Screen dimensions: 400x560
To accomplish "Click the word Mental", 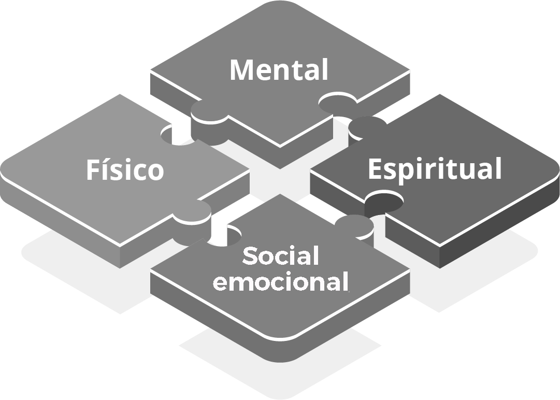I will [x=279, y=70].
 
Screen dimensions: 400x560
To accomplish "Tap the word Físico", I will [x=125, y=170].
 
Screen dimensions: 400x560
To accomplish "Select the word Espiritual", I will [x=435, y=169].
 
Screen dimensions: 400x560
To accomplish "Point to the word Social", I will [x=280, y=256].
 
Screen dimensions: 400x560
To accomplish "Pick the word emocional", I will [x=280, y=282].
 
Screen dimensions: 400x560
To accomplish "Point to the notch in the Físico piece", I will [x=176, y=135].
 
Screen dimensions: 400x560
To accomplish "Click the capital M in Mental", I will [x=241, y=70].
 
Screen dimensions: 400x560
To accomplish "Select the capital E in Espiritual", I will [x=375, y=169].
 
